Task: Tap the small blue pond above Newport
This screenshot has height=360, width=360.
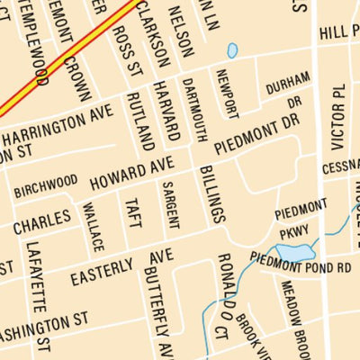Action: (x=232, y=50)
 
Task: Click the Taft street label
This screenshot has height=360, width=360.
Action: (x=132, y=216)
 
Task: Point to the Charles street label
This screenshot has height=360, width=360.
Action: (x=42, y=220)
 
